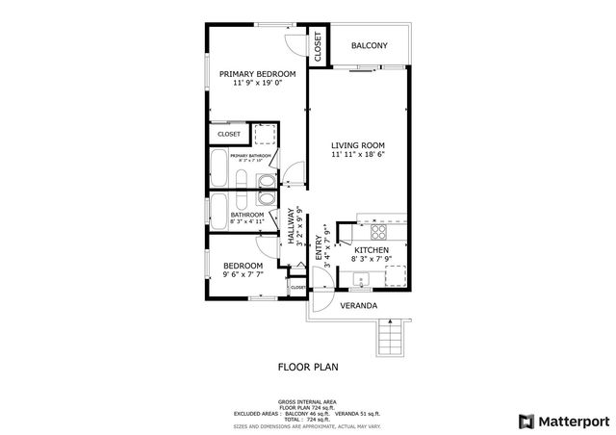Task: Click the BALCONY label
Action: [x=369, y=45]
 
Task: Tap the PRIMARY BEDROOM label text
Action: [x=256, y=74]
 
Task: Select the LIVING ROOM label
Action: [x=358, y=144]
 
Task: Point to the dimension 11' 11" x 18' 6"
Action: [x=358, y=154]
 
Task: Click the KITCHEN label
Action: [x=371, y=250]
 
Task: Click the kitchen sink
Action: [x=361, y=281]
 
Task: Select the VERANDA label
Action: [x=357, y=306]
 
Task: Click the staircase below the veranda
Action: [x=391, y=338]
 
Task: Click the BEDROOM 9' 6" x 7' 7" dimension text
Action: [x=243, y=274]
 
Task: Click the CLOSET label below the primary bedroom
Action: [x=228, y=134]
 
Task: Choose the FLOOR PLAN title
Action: [x=308, y=367]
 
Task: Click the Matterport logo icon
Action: [x=525, y=421]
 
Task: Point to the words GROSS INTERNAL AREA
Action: [x=308, y=402]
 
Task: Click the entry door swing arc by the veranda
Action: [x=325, y=279]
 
